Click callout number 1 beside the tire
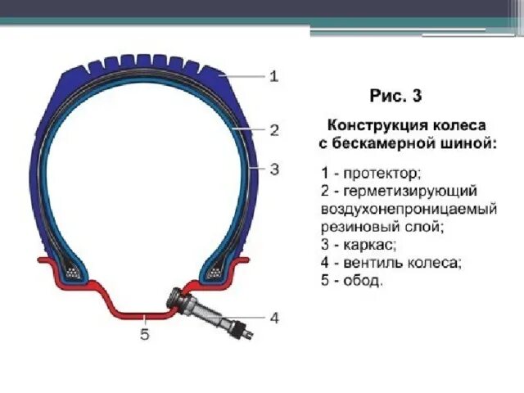point(274,76)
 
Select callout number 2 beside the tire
point(274,129)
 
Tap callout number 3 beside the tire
point(274,169)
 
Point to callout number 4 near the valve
point(274,317)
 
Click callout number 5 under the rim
point(145,334)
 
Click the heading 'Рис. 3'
point(395,96)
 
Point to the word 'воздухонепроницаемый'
point(409,209)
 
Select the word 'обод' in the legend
point(364,281)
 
